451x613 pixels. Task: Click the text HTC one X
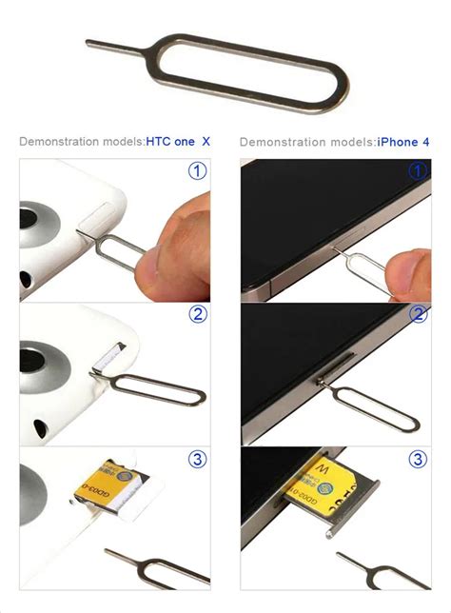[178, 142]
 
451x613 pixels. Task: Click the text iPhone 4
[403, 142]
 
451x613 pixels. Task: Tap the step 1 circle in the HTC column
[197, 172]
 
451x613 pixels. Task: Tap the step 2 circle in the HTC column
[197, 315]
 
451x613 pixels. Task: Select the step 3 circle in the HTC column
[197, 460]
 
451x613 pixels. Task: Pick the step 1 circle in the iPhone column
[418, 172]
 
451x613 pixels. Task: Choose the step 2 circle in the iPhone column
[418, 315]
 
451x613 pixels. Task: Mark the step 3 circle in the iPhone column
[418, 460]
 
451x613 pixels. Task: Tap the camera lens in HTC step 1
[42, 223]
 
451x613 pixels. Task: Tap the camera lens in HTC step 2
[42, 366]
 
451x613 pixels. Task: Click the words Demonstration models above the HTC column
[81, 142]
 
